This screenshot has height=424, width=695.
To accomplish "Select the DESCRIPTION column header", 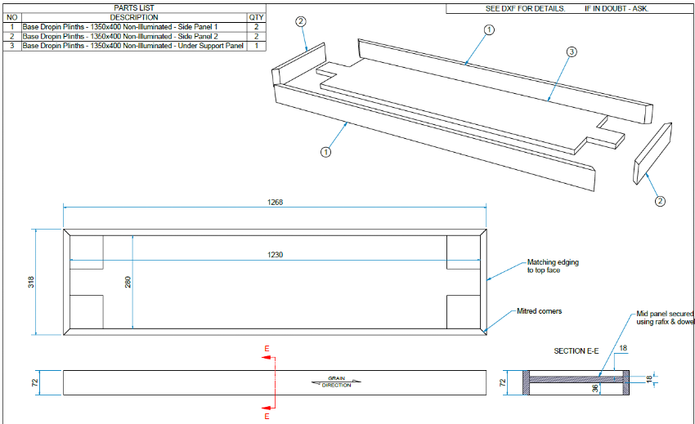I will click(133, 17).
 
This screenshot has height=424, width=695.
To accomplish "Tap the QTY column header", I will click(257, 17).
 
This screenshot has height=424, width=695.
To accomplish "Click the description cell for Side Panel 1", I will click(120, 27).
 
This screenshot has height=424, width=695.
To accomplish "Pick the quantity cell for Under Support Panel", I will click(257, 46).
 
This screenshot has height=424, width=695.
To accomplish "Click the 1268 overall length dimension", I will click(275, 203).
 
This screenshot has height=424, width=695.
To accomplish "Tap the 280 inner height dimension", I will click(128, 282).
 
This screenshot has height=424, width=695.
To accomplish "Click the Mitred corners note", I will click(539, 311).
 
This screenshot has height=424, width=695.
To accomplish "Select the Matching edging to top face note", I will click(553, 266).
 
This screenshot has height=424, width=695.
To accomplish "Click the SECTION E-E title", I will click(576, 350).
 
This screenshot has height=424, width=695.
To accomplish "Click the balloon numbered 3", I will click(572, 52).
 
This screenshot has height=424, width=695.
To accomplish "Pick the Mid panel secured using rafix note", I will click(665, 318).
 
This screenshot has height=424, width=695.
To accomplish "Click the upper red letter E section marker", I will click(267, 350).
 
